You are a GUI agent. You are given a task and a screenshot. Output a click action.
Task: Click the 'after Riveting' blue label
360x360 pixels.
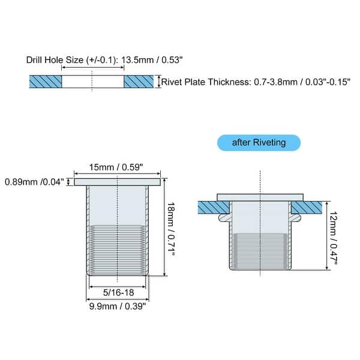[x=259, y=143]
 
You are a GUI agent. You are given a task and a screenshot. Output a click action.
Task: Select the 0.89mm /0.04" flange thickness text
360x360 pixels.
[x=34, y=181]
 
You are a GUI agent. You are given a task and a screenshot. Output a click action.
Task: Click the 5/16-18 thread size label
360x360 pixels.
[x=118, y=293]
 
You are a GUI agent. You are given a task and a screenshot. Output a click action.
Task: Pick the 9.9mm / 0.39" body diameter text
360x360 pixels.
[x=118, y=306]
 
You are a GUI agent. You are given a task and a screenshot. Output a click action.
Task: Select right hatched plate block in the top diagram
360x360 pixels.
[x=138, y=81]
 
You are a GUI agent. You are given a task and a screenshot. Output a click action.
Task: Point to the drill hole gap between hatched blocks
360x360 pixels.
[x=92, y=81]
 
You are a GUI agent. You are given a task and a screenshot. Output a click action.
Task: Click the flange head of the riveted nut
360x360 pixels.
[x=260, y=197]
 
